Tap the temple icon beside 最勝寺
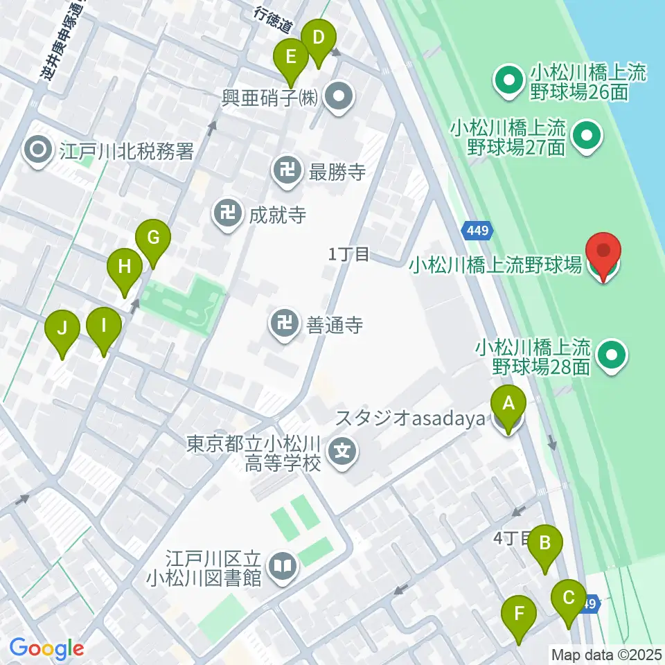287,172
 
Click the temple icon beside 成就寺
227,214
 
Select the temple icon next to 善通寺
284,323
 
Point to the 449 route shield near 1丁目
477,231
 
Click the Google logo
47,648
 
